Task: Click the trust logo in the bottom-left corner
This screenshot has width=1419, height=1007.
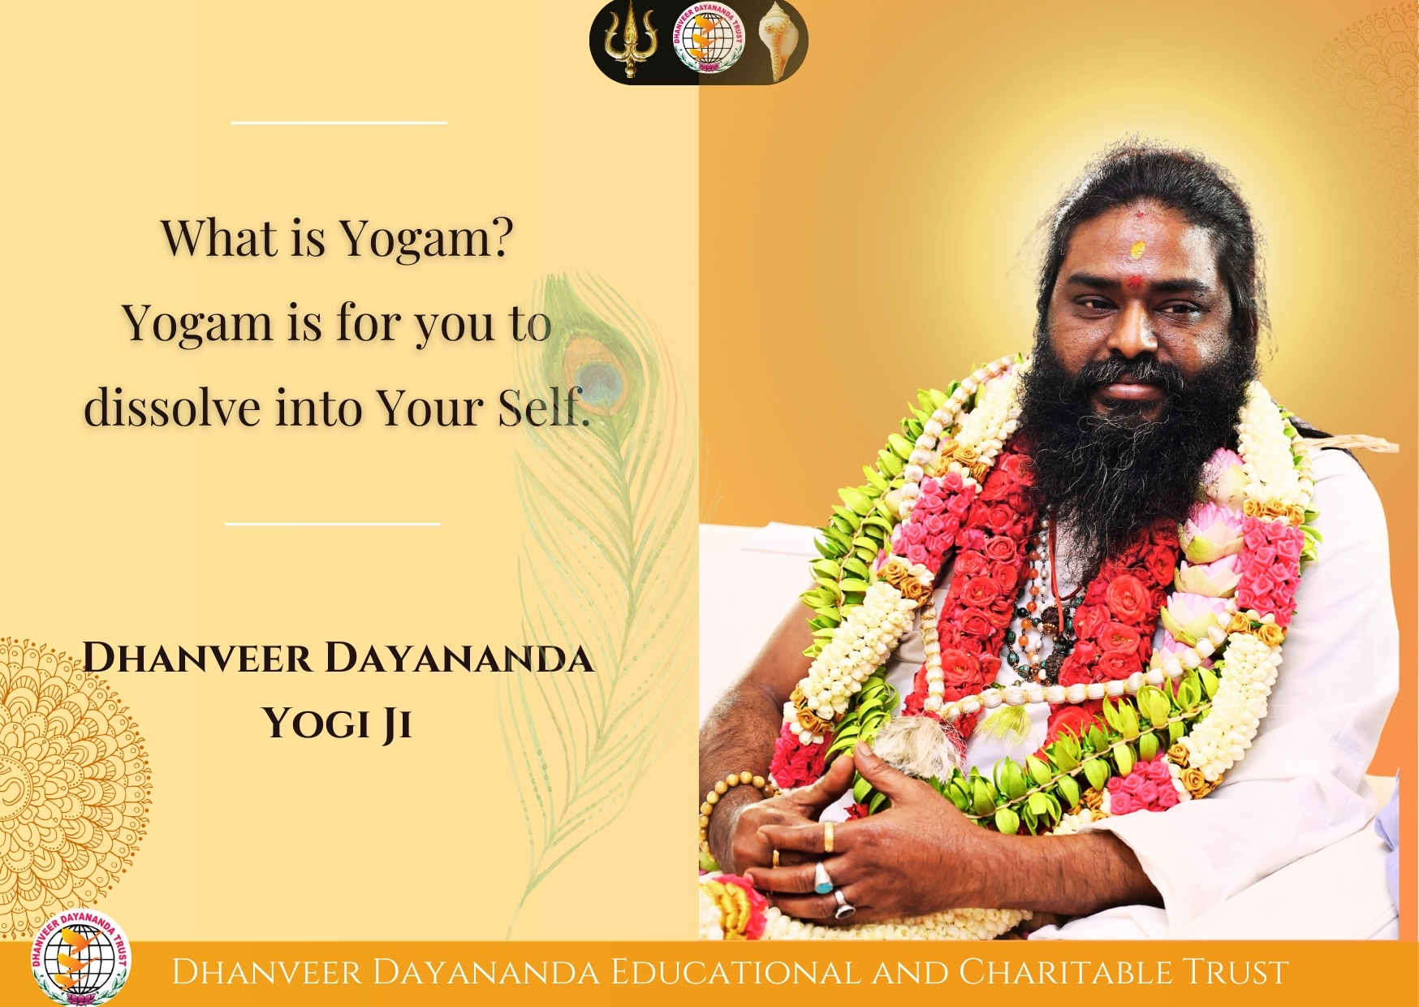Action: [x=80, y=958]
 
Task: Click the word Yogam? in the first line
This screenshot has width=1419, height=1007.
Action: [x=427, y=238]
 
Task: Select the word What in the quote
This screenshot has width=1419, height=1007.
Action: [x=219, y=238]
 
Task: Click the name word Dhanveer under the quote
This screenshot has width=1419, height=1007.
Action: [x=197, y=658]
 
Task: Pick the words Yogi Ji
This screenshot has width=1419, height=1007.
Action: [x=337, y=723]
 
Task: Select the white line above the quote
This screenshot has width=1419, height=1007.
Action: [x=339, y=123]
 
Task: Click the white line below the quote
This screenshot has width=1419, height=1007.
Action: [x=333, y=524]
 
